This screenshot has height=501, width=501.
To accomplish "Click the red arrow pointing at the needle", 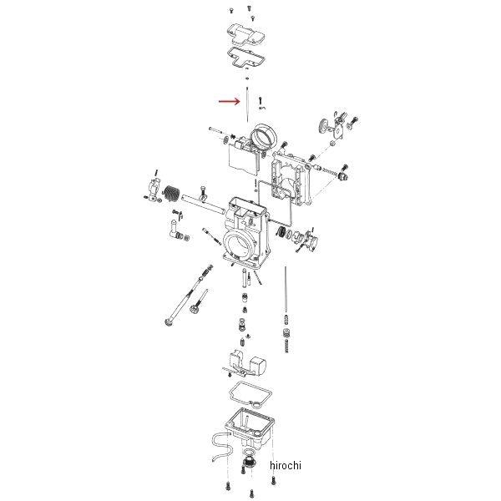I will coord(228,103).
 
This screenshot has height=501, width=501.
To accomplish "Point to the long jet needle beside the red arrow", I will coord(249,109).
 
